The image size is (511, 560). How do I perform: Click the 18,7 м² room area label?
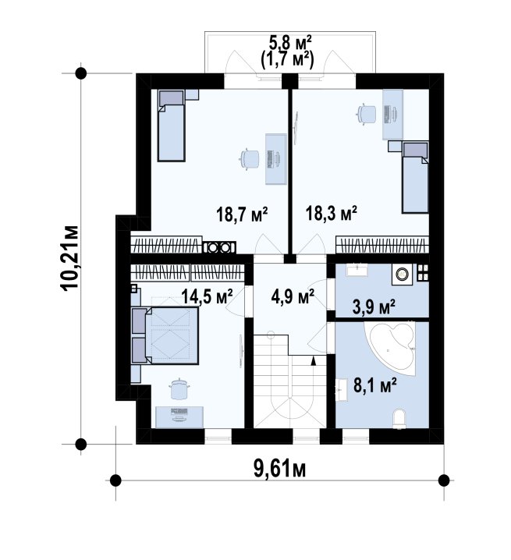tap(242, 214)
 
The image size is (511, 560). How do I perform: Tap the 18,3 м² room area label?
tap(331, 213)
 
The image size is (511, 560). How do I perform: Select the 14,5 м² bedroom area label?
tap(207, 296)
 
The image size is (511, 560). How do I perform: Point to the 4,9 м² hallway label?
tap(293, 296)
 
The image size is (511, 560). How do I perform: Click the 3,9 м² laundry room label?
tap(374, 307)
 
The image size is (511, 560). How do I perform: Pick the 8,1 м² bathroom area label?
tap(374, 385)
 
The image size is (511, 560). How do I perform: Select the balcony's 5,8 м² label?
tap(290, 43)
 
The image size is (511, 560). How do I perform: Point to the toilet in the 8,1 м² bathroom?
tap(399, 419)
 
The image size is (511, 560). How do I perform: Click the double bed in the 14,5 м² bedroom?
tap(165, 335)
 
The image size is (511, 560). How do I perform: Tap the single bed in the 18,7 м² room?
tap(172, 126)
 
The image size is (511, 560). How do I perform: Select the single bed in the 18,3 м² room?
tap(415, 177)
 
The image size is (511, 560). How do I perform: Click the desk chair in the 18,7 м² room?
tap(249, 159)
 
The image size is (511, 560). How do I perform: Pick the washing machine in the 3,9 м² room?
tap(402, 274)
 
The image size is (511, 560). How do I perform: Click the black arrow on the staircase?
tap(314, 360)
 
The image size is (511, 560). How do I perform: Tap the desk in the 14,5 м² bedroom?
tap(179, 416)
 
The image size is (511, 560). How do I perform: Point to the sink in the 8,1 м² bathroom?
tap(341, 391)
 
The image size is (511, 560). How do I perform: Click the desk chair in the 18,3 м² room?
tap(366, 114)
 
